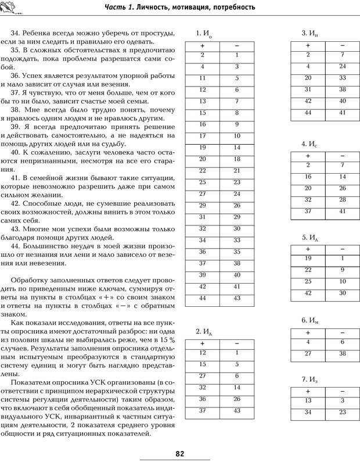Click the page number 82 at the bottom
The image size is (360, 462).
[x=180, y=453]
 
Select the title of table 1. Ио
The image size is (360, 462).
[x=204, y=33]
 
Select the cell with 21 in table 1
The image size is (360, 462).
[x=237, y=171]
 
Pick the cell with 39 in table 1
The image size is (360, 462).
[x=203, y=275]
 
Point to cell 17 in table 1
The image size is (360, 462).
[x=203, y=136]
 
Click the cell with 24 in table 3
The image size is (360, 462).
[x=343, y=66]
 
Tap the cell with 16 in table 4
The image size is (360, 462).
[x=308, y=177]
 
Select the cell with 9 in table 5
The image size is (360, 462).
[x=343, y=270]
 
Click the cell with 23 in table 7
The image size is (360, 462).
[x=343, y=412]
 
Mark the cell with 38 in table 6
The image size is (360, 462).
[x=343, y=353]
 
